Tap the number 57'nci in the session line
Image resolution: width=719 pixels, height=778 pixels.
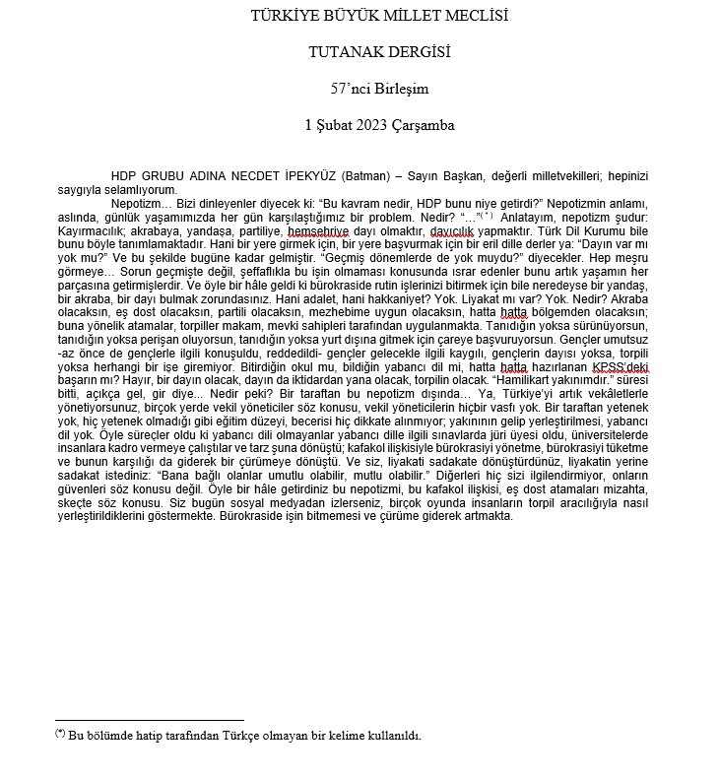pyautogui.click(x=353, y=89)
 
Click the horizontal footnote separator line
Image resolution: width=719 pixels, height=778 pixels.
pyautogui.click(x=149, y=720)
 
